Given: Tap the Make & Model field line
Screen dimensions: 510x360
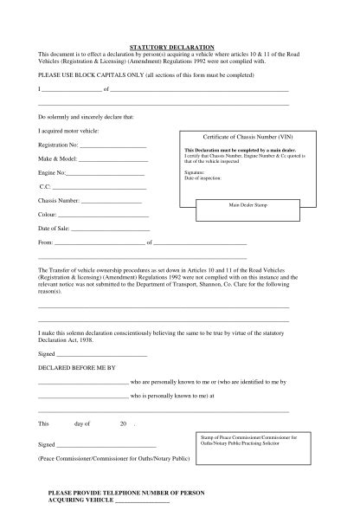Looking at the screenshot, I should (113, 160).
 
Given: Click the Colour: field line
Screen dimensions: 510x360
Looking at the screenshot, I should (105, 215).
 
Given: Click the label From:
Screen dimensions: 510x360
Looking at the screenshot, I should (46, 242).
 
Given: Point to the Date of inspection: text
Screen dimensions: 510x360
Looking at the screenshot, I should (202, 177).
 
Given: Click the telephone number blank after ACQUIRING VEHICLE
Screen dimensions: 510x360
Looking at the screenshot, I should (143, 501).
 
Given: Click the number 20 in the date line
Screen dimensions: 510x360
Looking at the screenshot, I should (124, 423).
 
